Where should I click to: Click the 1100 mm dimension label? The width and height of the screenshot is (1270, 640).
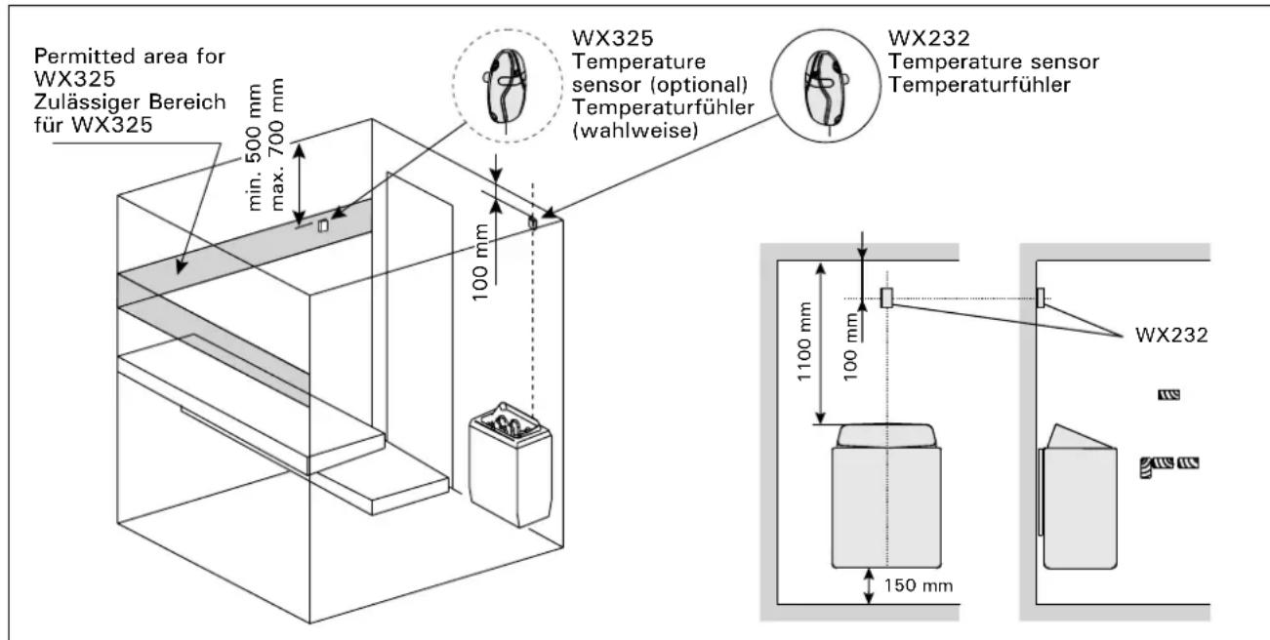point(804,341)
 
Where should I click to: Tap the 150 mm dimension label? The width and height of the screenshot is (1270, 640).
point(918,585)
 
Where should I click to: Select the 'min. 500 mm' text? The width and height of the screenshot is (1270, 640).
point(255,147)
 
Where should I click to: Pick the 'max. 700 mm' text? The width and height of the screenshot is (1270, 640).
point(276,144)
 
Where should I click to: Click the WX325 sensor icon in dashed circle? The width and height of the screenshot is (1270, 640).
point(507,86)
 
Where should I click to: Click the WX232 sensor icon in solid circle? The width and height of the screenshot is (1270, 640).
point(826,88)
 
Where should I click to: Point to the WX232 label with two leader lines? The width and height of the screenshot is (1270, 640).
point(1171,335)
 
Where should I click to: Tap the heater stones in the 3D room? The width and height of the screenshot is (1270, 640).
point(506,423)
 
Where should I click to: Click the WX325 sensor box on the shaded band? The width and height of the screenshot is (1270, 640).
point(322,225)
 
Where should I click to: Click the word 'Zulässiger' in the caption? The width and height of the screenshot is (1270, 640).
point(86,102)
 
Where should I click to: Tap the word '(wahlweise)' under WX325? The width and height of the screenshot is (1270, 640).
point(635,131)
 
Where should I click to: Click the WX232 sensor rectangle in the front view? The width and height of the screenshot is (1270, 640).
point(886,298)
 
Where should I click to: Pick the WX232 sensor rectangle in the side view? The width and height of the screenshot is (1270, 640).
point(1041,298)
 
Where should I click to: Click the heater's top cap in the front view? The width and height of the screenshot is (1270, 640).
point(885,436)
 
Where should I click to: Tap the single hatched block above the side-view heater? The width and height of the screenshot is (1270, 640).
point(1168,394)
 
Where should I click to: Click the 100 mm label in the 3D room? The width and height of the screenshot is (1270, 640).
point(480,261)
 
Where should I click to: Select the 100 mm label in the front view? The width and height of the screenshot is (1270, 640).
point(850,347)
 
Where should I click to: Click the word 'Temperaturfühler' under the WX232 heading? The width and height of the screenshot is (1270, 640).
point(979,85)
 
